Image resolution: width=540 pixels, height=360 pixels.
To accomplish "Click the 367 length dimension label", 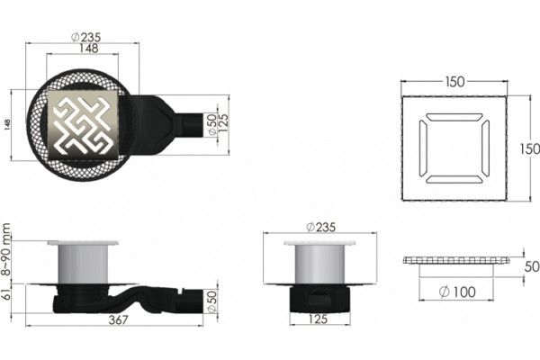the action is (x=118, y=319).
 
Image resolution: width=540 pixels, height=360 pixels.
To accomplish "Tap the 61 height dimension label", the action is (x=6, y=295).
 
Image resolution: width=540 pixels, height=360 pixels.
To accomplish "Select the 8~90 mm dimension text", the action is (x=6, y=249).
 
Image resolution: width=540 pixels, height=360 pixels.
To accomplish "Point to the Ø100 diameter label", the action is (x=457, y=292).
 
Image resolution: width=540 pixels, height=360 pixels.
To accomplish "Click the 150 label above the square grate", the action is (x=454, y=82).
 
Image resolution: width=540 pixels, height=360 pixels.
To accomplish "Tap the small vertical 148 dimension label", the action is (x=7, y=125).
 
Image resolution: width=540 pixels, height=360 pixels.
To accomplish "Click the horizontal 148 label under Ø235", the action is (x=89, y=49).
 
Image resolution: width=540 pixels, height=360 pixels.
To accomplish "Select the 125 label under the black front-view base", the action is (x=318, y=319).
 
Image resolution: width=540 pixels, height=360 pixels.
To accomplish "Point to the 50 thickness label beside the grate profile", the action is (x=532, y=266).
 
